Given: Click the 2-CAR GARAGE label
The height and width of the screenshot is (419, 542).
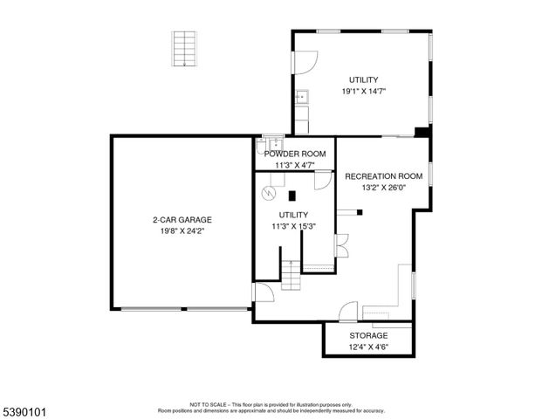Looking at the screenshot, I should pos(182,220).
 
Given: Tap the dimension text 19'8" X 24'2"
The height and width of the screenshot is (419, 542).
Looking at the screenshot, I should pos(182,232).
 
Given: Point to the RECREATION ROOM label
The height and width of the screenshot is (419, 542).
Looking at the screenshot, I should pos(383,175).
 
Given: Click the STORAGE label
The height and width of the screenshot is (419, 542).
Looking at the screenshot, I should pos(368,335).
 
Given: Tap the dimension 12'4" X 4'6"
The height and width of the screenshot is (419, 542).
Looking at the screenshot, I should pos(368,347).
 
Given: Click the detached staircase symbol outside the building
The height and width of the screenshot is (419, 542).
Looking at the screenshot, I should pos(183,49).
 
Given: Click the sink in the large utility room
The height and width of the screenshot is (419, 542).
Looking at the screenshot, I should pos(302,97).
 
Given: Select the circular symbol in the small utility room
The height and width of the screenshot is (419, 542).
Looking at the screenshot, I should pos(271,193).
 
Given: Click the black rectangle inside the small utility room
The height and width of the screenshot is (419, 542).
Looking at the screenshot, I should pos(293,196).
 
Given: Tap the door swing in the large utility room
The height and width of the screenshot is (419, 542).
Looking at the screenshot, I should pos(304,61).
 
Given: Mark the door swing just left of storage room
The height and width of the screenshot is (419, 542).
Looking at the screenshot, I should pos(349,312).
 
